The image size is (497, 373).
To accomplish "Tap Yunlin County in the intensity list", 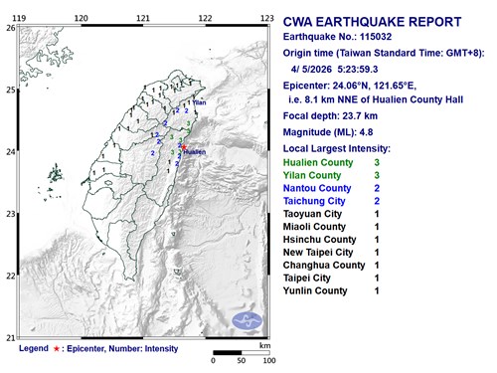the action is click(x=316, y=291).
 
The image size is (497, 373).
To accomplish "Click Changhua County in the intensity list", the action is click(x=325, y=266).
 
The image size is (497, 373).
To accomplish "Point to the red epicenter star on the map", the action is click(x=184, y=147).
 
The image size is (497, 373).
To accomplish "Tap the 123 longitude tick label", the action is click(x=266, y=18).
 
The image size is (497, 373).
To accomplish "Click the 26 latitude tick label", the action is click(x=9, y=28).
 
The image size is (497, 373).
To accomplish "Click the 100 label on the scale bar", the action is click(x=268, y=360).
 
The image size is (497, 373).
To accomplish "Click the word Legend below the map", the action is click(x=33, y=349).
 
